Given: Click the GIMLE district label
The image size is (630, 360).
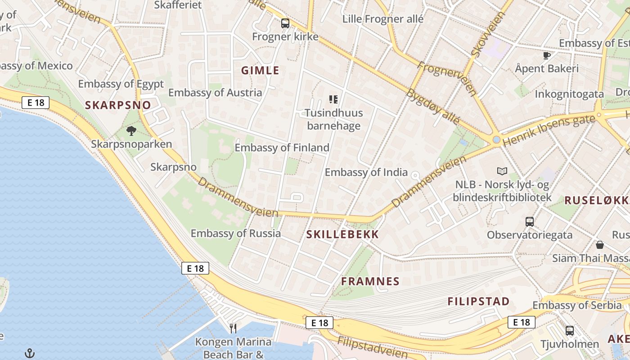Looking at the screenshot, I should [x=260, y=71].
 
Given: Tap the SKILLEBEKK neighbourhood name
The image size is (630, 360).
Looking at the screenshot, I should [x=342, y=234].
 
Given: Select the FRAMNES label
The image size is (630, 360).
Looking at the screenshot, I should [x=370, y=282].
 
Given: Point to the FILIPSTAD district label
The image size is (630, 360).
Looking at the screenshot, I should [x=478, y=301].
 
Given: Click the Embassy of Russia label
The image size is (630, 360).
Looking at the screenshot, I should [x=235, y=234].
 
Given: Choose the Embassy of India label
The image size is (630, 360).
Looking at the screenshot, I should [x=366, y=172].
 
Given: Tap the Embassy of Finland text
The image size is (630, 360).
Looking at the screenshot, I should [x=282, y=148].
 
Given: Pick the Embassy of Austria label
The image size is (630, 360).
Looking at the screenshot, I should [x=215, y=93].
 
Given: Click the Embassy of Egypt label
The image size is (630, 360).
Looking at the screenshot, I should [x=121, y=84].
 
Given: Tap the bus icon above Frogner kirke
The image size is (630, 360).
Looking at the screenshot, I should [x=285, y=23].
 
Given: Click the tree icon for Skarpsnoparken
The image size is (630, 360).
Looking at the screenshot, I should [x=131, y=131].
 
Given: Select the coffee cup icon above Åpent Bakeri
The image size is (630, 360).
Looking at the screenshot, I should [x=547, y=55].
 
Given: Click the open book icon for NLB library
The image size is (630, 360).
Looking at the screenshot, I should [x=502, y=171].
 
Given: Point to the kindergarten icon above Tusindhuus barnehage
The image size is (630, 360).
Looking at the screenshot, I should [x=333, y=99].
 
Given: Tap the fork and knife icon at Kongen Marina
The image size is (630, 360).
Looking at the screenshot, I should [x=233, y=328].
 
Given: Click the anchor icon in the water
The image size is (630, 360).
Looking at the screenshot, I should [x=29, y=353].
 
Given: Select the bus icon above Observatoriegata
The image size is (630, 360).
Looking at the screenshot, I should [x=530, y=221].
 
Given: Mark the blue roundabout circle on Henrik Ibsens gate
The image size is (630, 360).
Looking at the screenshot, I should [x=496, y=140].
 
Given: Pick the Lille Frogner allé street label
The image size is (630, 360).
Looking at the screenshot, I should [x=383, y=19].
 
